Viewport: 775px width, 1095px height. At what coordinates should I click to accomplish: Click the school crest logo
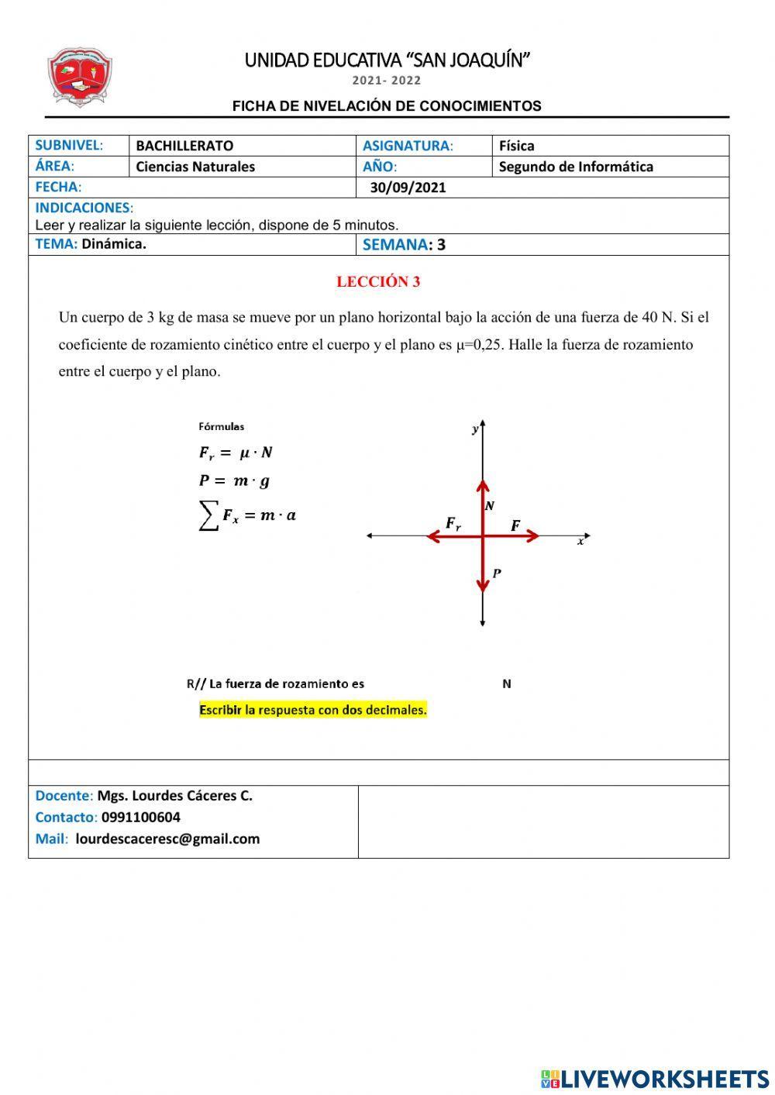80,77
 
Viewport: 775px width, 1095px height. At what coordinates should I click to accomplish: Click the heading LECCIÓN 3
378,282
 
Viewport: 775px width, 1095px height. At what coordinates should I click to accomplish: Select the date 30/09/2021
408,188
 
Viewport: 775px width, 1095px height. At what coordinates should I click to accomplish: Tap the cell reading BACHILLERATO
184,146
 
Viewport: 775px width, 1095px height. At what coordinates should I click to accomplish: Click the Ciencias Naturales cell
195,167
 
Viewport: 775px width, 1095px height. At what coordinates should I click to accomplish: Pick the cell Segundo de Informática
576,167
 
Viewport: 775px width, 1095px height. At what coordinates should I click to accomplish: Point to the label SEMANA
395,245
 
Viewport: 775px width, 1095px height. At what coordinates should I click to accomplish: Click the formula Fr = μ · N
236,453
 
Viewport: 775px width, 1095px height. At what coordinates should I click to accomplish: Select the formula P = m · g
234,481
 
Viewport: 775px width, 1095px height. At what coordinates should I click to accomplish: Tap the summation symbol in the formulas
208,515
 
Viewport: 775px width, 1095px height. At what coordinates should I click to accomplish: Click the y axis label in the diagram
474,429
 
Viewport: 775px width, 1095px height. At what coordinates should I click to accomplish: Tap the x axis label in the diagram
580,542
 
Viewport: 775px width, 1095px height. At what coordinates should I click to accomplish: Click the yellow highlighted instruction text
313,710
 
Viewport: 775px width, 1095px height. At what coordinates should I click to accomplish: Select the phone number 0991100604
141,818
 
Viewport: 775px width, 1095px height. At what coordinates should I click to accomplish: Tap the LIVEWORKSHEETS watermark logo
655,1079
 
